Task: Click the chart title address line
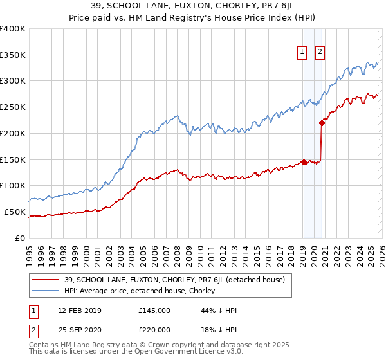[192, 6]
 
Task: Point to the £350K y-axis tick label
[13, 55]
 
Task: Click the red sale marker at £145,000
[304, 162]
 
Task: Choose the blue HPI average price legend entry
[142, 291]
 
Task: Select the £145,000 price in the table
[154, 311]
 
